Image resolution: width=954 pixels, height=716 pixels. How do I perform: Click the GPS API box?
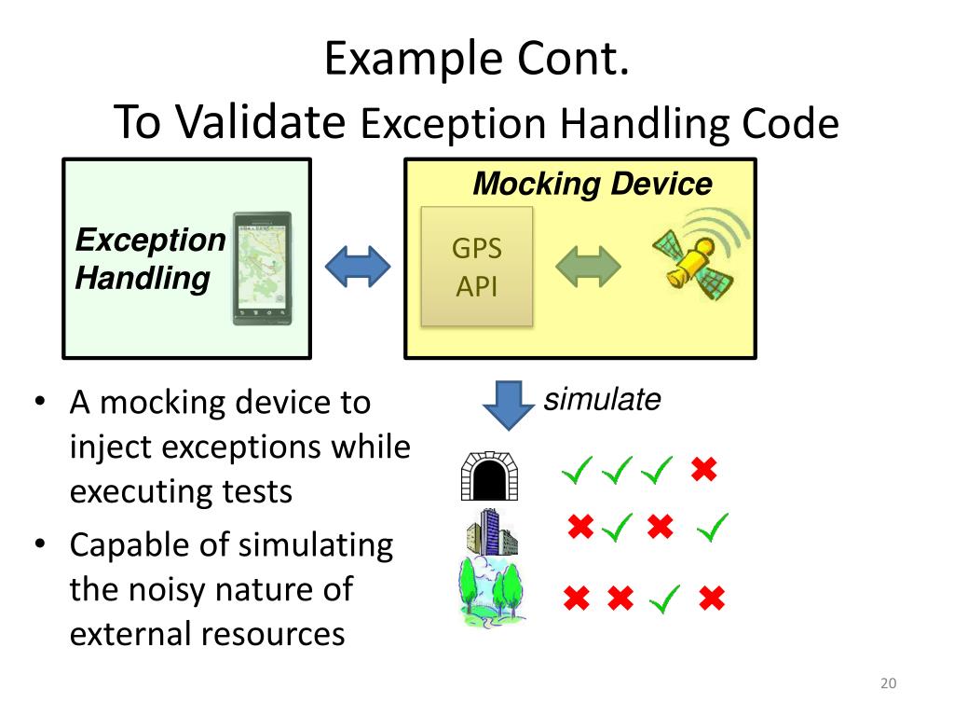click(x=476, y=267)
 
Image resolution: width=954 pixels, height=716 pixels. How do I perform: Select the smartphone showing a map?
click(x=262, y=268)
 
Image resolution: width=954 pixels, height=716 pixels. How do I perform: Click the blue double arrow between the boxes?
click(x=357, y=267)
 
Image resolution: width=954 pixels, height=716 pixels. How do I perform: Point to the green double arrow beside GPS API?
click(x=588, y=267)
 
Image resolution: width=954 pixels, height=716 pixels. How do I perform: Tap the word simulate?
click(x=602, y=400)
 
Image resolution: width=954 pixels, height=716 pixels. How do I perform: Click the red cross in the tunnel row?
click(x=704, y=470)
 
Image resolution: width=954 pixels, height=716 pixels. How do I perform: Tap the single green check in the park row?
click(x=664, y=599)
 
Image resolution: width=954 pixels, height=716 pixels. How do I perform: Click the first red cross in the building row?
click(x=580, y=528)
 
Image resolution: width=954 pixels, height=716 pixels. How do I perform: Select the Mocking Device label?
click(x=592, y=184)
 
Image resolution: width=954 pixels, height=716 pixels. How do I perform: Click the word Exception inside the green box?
click(x=150, y=241)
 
